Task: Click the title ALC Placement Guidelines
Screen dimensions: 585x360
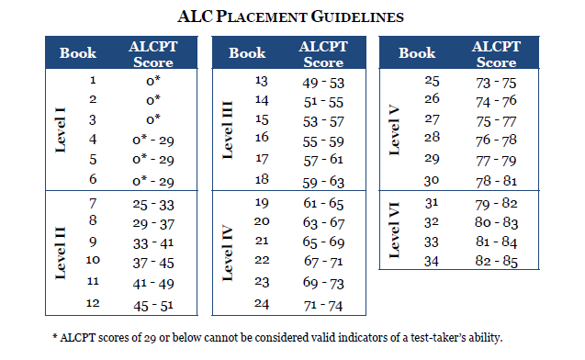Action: pos(291,16)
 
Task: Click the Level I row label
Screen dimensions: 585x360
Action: pos(60,129)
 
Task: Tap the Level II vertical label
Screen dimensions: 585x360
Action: pos(60,250)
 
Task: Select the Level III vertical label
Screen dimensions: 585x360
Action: pos(229,129)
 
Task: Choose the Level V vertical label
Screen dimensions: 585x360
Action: pos(396,129)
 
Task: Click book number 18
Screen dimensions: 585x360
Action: pos(262,180)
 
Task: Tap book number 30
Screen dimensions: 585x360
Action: pos(433,180)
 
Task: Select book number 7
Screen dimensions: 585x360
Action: pos(93,202)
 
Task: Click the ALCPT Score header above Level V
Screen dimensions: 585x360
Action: pos(496,53)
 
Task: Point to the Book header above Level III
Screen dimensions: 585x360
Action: pos(247,53)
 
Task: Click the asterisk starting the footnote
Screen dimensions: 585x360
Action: pos(54,336)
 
